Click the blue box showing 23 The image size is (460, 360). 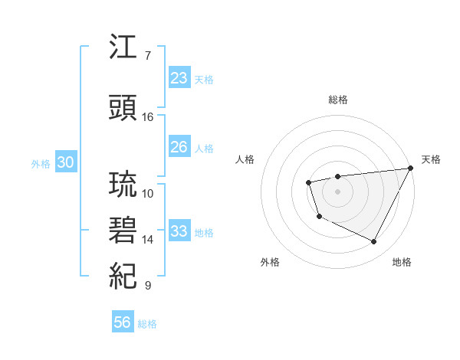coord(179,78)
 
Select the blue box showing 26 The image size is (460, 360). coord(179,147)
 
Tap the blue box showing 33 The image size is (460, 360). coord(179,231)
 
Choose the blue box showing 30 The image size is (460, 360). coord(65,162)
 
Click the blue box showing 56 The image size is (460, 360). coord(123,322)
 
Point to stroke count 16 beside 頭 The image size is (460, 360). coord(148,117)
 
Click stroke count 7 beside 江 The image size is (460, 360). coord(148,56)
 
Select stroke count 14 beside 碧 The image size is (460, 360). coord(148,240)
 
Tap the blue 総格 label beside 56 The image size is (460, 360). coord(147,324)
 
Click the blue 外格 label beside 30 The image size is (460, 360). coord(41,163)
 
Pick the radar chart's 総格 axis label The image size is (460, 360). coord(338,100)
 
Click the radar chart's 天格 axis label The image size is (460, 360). coord(431,159)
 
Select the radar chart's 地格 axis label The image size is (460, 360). coord(402,262)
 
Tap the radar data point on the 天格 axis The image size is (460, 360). coord(412,168)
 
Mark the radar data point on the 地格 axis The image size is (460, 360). coord(374,242)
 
